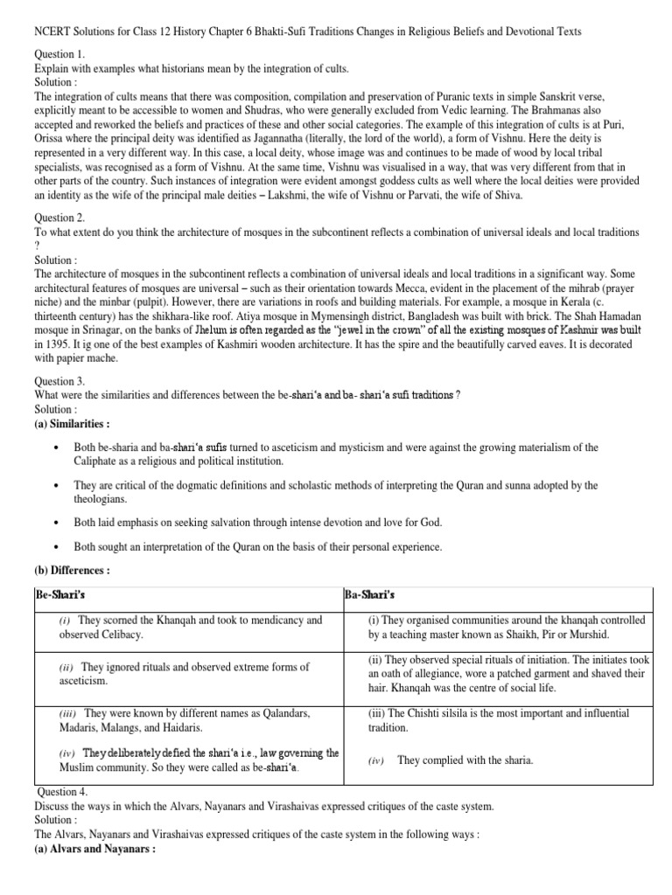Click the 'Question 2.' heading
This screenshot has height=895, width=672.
[63, 219]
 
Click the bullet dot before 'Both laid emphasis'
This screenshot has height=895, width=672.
[55, 522]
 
